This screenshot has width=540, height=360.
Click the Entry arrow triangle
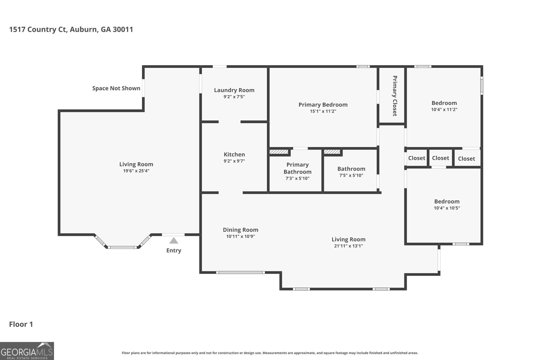(173, 241)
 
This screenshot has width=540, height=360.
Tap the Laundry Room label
(234, 90)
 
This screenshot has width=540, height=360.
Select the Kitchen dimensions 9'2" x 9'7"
(234, 161)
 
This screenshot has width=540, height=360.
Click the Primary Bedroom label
(323, 105)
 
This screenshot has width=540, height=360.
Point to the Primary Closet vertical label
(394, 96)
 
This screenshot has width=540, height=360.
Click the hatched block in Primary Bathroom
(279, 152)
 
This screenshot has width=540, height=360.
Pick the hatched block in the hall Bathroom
(332, 152)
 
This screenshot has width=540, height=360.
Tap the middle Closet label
(440, 158)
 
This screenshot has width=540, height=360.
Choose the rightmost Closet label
(466, 159)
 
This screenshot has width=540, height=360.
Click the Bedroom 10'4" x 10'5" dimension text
(447, 208)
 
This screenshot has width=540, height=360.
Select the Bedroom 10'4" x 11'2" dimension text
(444, 109)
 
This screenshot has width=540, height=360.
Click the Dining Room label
(240, 230)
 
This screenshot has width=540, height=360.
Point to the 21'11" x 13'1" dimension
(348, 246)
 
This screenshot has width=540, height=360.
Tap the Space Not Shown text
(116, 88)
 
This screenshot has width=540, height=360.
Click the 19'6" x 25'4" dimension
(136, 171)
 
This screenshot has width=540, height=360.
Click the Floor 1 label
(21, 324)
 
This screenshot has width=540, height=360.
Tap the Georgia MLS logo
(27, 351)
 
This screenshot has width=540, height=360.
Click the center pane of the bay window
(122, 247)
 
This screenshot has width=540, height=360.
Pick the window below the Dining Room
(240, 272)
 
